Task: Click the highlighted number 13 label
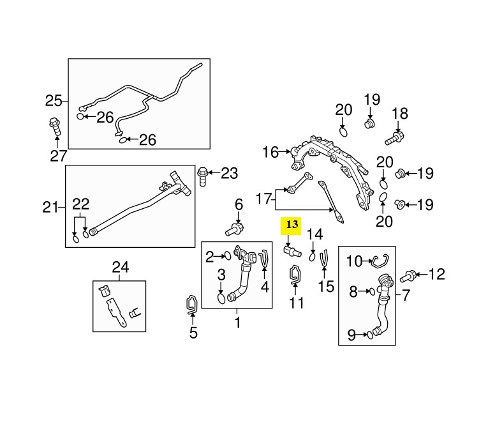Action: pos(292,225)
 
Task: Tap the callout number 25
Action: pos(54,100)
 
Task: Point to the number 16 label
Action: pos(271,152)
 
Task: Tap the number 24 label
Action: pos(120,266)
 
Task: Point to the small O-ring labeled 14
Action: pos(313,256)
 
